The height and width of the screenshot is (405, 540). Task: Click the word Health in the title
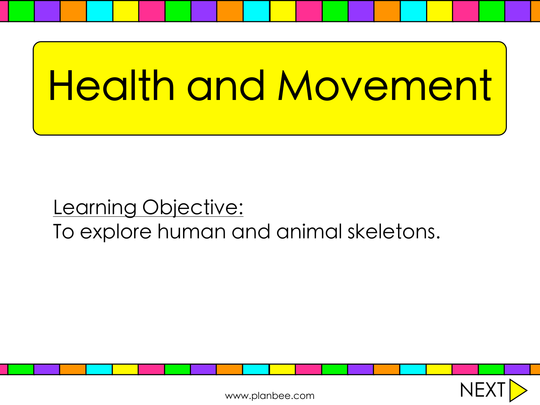pyautogui.click(x=111, y=85)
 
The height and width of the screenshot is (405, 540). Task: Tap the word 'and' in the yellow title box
pyautogui.click(x=226, y=85)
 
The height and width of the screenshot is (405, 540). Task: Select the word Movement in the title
pyautogui.click(x=385, y=85)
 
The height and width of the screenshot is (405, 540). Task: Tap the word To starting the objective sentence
pyautogui.click(x=63, y=231)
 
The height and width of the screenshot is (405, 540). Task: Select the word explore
pyautogui.click(x=116, y=232)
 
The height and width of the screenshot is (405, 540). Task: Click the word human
pyautogui.click(x=192, y=231)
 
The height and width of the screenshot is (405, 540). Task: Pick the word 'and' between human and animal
pyautogui.click(x=251, y=231)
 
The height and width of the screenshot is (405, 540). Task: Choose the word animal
pyautogui.click(x=309, y=231)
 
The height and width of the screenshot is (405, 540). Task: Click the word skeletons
pyautogui.click(x=391, y=231)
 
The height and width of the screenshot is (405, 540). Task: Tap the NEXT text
pyautogui.click(x=482, y=390)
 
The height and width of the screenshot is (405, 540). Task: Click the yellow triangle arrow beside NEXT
pyautogui.click(x=516, y=391)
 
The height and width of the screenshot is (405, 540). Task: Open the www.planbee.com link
pyautogui.click(x=270, y=396)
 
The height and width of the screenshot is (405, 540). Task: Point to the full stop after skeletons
pyautogui.click(x=438, y=237)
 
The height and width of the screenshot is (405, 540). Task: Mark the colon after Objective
pyautogui.click(x=241, y=208)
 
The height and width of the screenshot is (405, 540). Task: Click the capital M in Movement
pyautogui.click(x=295, y=85)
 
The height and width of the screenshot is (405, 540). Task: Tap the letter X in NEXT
pyautogui.click(x=489, y=390)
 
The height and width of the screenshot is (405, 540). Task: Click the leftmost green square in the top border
pyautogui.click(x=21, y=11)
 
